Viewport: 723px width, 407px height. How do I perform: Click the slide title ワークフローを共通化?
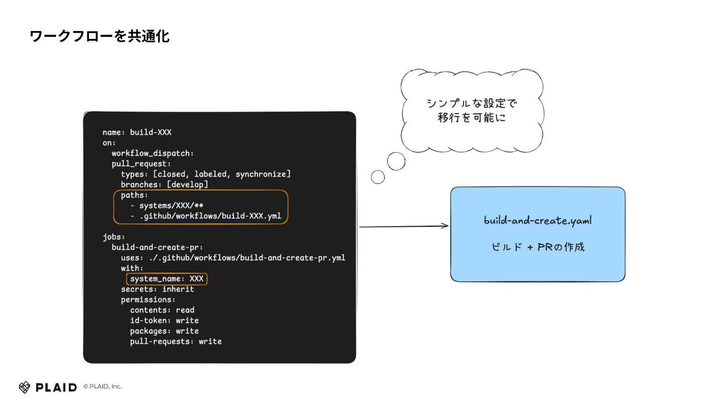99,36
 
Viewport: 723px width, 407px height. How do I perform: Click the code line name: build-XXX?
137,132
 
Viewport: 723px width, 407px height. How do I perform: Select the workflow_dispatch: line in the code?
153,153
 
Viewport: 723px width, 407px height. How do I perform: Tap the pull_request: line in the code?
142,164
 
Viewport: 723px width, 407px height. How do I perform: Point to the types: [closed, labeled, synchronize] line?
206,174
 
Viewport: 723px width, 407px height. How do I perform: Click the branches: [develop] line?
164,184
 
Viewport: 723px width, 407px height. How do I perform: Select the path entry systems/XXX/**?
171,206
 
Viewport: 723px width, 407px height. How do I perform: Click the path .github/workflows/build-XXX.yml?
209,216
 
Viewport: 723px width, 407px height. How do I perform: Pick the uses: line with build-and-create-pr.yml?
233,258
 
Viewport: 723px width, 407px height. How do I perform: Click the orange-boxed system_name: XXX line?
167,279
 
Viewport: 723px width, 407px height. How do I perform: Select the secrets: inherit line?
157,289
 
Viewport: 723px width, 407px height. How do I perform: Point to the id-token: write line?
164,321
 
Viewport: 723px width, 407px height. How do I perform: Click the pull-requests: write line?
176,341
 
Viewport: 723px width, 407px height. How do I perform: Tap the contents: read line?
162,310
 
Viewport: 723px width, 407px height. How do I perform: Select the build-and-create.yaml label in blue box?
538,221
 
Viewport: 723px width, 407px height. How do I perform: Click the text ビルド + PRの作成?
538,247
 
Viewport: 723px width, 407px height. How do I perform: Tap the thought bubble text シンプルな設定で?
471,104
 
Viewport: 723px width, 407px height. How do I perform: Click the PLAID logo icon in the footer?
25,387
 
